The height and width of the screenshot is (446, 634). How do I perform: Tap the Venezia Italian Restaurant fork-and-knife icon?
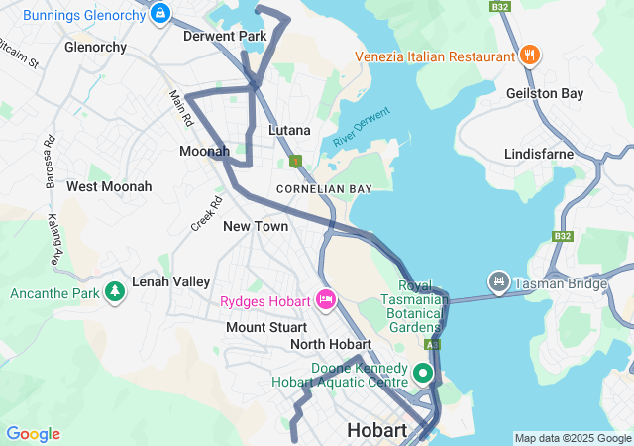tap(531, 56)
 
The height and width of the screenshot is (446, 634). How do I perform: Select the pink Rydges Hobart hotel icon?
tap(325, 299)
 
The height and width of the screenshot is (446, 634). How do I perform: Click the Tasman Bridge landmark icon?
tap(498, 283)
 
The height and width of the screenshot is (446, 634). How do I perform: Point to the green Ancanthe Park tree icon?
tap(116, 292)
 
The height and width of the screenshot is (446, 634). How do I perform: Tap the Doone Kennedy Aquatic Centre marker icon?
tap(423, 374)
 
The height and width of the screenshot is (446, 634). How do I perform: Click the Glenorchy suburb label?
tap(95, 47)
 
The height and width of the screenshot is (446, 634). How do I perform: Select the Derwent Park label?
tap(225, 36)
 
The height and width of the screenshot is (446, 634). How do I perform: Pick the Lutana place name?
tap(289, 130)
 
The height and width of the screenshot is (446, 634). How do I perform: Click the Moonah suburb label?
tap(204, 151)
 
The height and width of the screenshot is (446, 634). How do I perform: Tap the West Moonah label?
tap(109, 186)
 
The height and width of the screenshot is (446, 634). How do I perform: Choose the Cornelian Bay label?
tap(324, 188)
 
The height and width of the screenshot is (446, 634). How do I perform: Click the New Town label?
tap(256, 226)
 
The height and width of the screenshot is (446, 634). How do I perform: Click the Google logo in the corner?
tap(33, 434)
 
